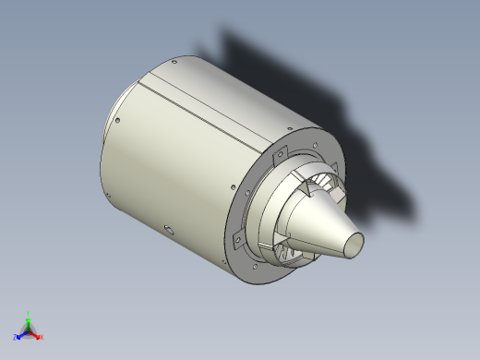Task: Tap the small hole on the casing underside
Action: point(167,227)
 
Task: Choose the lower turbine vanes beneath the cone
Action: point(294,246)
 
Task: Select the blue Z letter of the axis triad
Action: point(16,337)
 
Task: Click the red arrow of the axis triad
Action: point(36,333)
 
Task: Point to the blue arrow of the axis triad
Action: point(22,333)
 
